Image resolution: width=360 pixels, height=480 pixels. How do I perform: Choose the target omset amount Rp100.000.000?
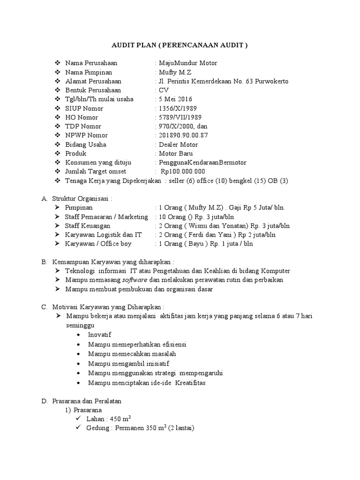(x=183, y=172)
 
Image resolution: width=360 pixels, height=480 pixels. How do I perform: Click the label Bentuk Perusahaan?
(x=93, y=90)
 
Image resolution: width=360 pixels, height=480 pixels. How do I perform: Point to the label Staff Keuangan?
(x=88, y=226)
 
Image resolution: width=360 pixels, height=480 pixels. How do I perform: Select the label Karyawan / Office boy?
(x=98, y=244)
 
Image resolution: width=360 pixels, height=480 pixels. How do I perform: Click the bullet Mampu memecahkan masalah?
(x=132, y=353)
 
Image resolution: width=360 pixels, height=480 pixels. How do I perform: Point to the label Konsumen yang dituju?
(x=96, y=163)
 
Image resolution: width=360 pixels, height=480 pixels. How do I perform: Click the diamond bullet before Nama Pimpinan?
(x=58, y=73)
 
